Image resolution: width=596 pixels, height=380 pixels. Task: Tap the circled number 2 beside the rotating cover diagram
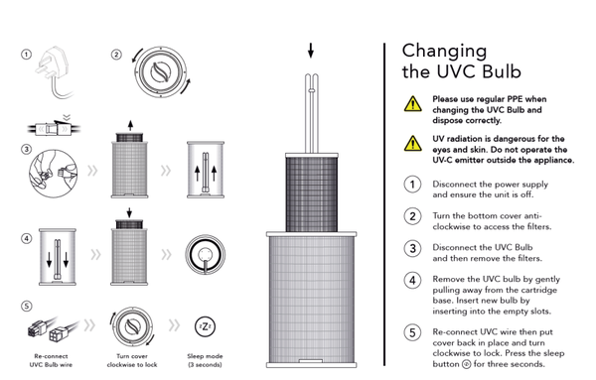click(116, 55)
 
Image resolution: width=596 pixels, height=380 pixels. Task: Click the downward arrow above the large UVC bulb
click(311, 51)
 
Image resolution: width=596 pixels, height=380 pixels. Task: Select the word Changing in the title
click(444, 52)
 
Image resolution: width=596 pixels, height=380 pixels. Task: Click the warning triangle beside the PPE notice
click(413, 104)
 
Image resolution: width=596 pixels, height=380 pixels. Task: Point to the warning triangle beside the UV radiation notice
click(413, 144)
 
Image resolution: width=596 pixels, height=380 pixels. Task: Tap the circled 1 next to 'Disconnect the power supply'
click(412, 185)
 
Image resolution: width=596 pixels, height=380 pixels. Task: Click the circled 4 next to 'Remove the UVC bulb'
click(412, 281)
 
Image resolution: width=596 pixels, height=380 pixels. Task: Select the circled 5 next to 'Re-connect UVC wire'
click(412, 333)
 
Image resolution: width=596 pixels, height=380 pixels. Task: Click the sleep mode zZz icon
click(205, 326)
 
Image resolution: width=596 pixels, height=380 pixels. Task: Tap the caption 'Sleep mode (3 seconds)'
click(205, 360)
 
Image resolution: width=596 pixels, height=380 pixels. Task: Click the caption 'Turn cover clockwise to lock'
click(132, 360)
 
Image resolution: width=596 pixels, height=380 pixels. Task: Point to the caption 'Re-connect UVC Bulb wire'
click(51, 360)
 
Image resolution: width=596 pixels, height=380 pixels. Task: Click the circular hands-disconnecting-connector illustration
click(54, 174)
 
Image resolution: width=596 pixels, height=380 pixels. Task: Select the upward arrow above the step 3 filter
click(130, 125)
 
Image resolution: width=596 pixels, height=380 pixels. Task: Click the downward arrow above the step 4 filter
click(129, 212)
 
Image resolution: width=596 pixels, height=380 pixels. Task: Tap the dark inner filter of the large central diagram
click(312, 193)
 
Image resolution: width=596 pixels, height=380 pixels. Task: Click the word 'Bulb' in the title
click(502, 71)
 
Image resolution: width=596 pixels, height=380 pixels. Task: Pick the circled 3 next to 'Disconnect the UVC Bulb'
click(412, 249)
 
